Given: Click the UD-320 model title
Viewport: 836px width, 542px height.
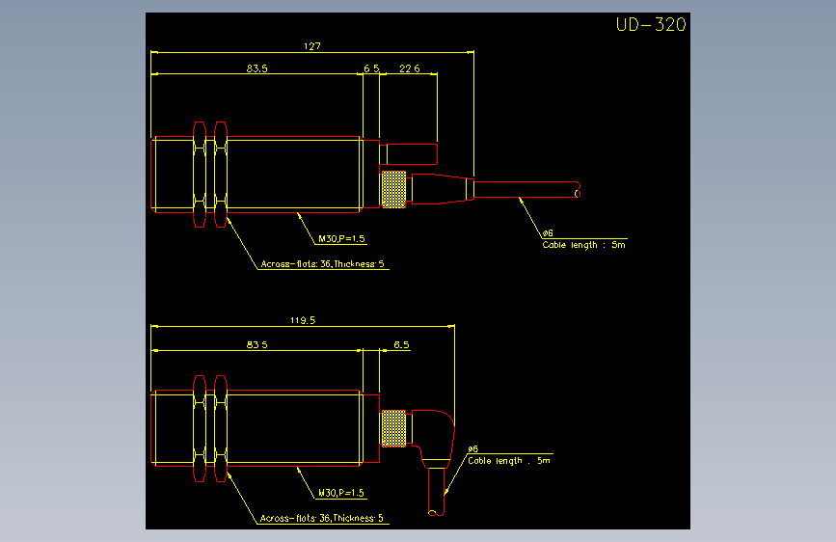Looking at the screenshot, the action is pos(651,24).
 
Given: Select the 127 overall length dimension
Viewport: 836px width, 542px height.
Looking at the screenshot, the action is pos(311,46).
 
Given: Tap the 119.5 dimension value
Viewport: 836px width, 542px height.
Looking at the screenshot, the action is pos(303,320).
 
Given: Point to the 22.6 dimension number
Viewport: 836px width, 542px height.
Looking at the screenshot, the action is pos(410,68).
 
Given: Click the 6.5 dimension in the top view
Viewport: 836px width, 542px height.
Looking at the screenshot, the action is pos(371,68).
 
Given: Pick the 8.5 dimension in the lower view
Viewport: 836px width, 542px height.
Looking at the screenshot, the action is pos(401,344).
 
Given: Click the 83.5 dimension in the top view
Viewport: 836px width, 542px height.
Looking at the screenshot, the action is pos(257,68).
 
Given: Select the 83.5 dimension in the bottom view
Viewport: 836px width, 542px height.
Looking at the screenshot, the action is pos(257,344).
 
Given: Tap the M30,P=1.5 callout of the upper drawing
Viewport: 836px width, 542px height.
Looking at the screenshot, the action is pos(341,238).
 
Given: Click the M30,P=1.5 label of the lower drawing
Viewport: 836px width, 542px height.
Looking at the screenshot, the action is pos(341,493).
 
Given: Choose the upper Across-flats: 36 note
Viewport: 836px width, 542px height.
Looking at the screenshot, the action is pos(322,264).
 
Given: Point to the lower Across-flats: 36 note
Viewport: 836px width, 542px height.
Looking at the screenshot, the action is pos(321,518).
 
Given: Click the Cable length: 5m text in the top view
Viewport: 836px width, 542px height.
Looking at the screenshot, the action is pos(583,245).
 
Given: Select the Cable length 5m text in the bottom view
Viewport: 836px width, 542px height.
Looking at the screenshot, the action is pos(508,460).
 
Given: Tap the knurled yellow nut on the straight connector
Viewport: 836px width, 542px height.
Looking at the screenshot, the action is pos(394,189).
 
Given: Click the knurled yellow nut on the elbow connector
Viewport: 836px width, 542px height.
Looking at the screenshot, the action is pos(394,428).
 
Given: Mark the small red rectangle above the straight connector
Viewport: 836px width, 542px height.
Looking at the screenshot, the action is pos(409,154).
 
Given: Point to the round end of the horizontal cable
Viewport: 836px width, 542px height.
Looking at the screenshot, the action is pos(578,193).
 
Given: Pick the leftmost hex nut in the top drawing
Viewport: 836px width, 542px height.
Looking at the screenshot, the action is pos(200,175).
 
